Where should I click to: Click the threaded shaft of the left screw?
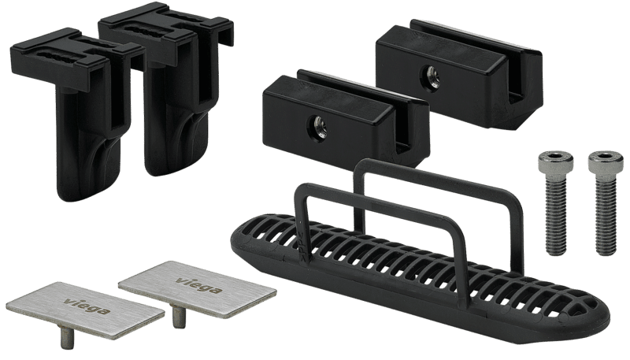[x=556, y=215]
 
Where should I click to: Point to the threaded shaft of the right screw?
[x=606, y=216]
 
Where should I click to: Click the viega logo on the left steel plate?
[x=87, y=306]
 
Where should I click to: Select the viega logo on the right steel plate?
[x=199, y=285]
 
